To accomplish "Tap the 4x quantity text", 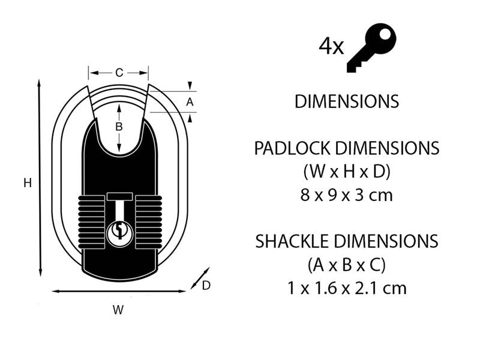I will [x=331, y=47].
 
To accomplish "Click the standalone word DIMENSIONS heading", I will [x=346, y=101].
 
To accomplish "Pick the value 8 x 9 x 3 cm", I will [x=347, y=194].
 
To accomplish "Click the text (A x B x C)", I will [x=347, y=265].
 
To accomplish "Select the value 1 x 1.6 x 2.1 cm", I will [x=347, y=288].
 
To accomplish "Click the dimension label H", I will [x=27, y=184].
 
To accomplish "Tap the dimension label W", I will [x=118, y=310].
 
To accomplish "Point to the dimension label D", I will [x=206, y=286].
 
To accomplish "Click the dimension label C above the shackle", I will [x=119, y=73].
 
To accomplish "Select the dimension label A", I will [x=190, y=102].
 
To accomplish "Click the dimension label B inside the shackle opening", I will [x=119, y=127].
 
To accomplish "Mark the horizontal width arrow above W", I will [x=119, y=291].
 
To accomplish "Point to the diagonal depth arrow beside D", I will [x=200, y=278].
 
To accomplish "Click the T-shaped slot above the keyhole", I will [x=119, y=204].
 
